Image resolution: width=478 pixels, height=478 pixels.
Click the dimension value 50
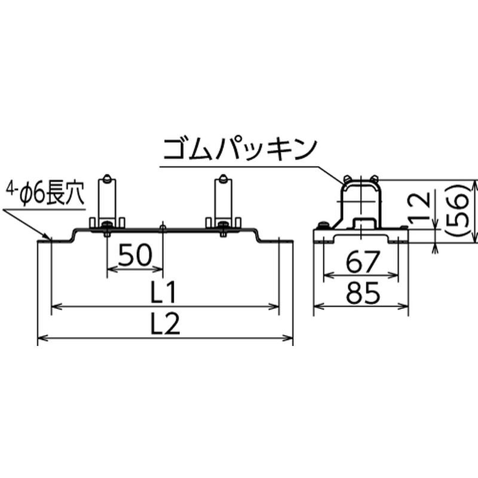point(135,255)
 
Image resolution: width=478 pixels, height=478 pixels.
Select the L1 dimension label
point(164,292)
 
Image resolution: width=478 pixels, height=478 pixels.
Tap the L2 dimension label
point(166,324)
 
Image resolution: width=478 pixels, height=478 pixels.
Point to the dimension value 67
point(363,262)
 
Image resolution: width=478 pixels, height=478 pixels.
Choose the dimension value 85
point(363,293)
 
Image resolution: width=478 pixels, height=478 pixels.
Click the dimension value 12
point(420,207)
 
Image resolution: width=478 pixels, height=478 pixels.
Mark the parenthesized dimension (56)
point(456,210)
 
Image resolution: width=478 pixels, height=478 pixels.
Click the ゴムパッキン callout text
point(241,149)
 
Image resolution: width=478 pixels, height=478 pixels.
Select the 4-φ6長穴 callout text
point(44,192)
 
